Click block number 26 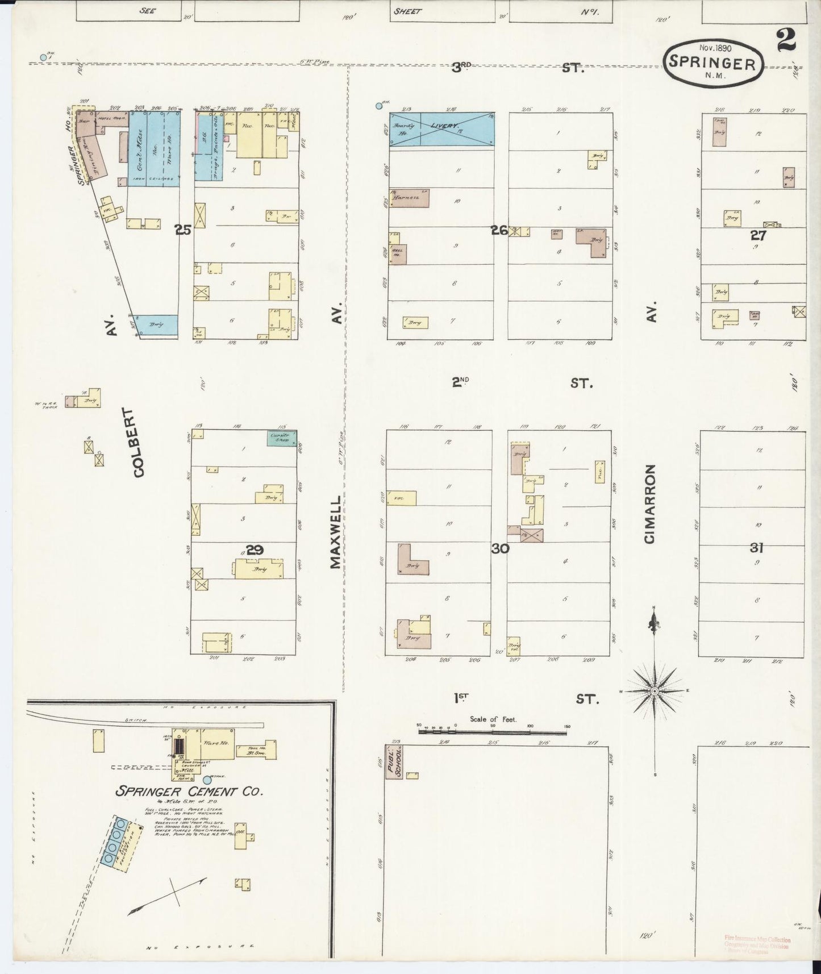pyautogui.click(x=499, y=231)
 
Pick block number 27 pyautogui.click(x=758, y=235)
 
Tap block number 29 pyautogui.click(x=255, y=550)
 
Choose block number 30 pyautogui.click(x=500, y=548)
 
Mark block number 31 pyautogui.click(x=756, y=548)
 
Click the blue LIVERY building pyautogui.click(x=441, y=128)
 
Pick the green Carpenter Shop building pyautogui.click(x=282, y=437)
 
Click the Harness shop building pyautogui.click(x=409, y=198)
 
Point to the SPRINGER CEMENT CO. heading pyautogui.click(x=189, y=791)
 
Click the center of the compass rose pyautogui.click(x=655, y=690)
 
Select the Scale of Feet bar pyautogui.click(x=493, y=731)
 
